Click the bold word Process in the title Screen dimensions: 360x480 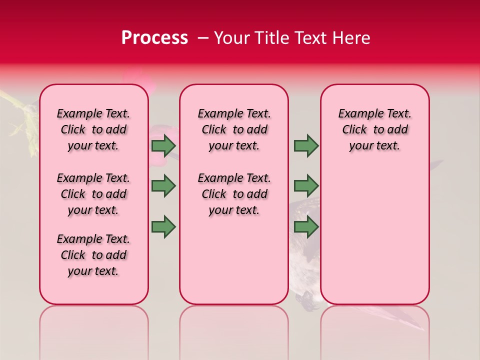154,38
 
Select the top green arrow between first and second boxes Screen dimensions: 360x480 163,145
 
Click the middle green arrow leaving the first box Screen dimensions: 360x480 163,186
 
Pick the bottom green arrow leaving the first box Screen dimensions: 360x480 163,227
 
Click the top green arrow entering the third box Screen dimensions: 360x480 306,145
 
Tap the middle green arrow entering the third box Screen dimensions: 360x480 306,186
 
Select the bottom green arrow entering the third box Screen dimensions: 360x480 306,227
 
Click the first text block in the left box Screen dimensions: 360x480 93,129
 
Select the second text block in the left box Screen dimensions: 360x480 93,194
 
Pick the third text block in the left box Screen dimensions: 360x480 93,255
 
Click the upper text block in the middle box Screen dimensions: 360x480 234,129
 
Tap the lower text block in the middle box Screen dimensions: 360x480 234,194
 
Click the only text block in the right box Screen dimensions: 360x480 374,129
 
